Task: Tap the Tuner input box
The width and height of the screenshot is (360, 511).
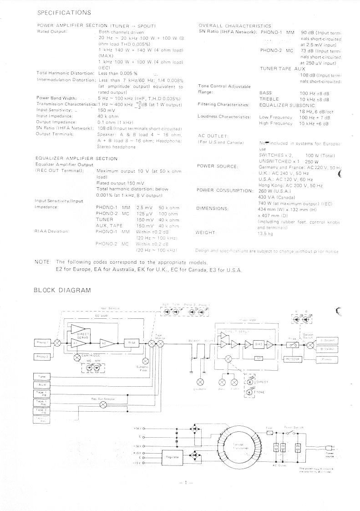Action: tap(41, 376)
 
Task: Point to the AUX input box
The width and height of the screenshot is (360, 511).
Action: tap(41, 385)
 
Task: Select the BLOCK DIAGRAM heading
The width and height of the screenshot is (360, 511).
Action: tap(62, 290)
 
